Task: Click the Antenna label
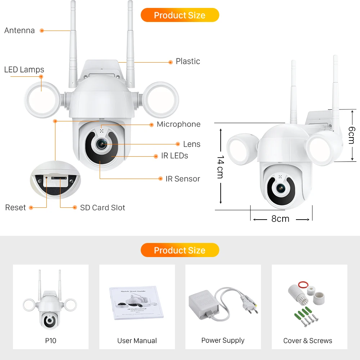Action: (19, 31)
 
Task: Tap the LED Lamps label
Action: (24, 69)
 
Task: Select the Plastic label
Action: (188, 62)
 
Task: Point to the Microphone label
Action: (179, 124)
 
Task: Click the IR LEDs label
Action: (175, 156)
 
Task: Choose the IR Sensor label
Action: (183, 179)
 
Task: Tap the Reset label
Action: (15, 207)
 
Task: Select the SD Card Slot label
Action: (103, 207)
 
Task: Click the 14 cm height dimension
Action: (220, 167)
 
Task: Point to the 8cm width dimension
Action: (280, 219)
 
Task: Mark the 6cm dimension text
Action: (351, 135)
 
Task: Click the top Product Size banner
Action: (180, 15)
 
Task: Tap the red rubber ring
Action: (305, 285)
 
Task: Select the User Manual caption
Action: (137, 341)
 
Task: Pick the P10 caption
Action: (51, 341)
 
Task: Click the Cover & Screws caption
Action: (308, 341)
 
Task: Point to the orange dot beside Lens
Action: (178, 144)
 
